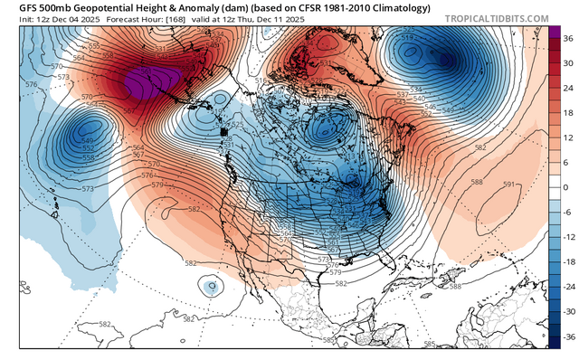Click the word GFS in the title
click(15, 6)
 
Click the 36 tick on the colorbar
click(568, 40)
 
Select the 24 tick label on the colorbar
click(568, 89)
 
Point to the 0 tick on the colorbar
click(568, 186)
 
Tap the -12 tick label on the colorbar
click(568, 235)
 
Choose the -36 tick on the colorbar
click(568, 334)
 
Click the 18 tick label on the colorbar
click(568, 113)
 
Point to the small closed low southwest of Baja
click(211, 287)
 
